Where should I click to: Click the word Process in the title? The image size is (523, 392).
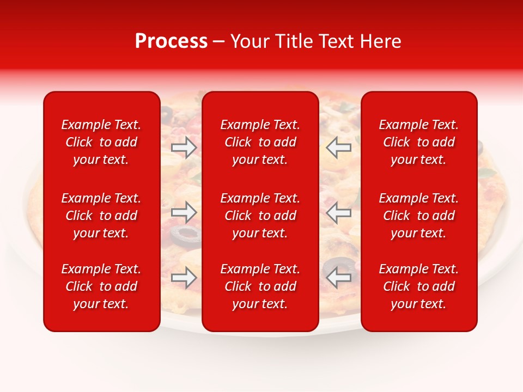point(171,41)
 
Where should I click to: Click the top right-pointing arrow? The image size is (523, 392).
point(184,148)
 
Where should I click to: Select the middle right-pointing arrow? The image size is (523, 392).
point(184,212)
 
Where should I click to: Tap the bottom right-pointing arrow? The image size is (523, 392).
point(184,278)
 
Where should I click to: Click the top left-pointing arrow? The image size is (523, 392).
point(338,148)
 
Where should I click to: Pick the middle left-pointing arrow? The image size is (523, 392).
point(338,212)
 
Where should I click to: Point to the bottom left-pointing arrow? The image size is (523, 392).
point(338,278)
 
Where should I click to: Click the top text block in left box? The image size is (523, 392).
point(101,142)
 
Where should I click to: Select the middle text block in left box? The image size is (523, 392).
point(101,216)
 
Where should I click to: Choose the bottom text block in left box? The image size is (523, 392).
point(101,286)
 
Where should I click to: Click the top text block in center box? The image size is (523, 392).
point(260,142)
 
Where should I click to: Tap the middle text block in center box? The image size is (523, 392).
point(260,216)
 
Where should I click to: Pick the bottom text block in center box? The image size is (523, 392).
point(260,286)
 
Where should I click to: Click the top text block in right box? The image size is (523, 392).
point(419,142)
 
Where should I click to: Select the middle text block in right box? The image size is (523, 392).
point(419,216)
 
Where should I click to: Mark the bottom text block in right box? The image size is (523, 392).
point(419,286)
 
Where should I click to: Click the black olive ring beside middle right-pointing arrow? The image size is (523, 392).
point(185,234)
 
